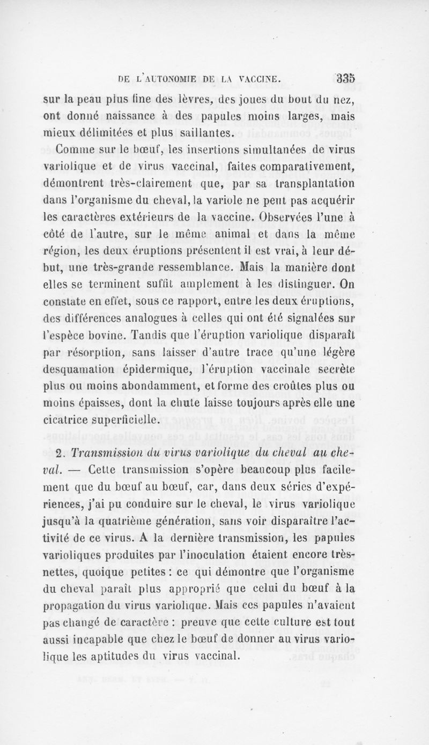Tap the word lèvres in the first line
click(x=221, y=97)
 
